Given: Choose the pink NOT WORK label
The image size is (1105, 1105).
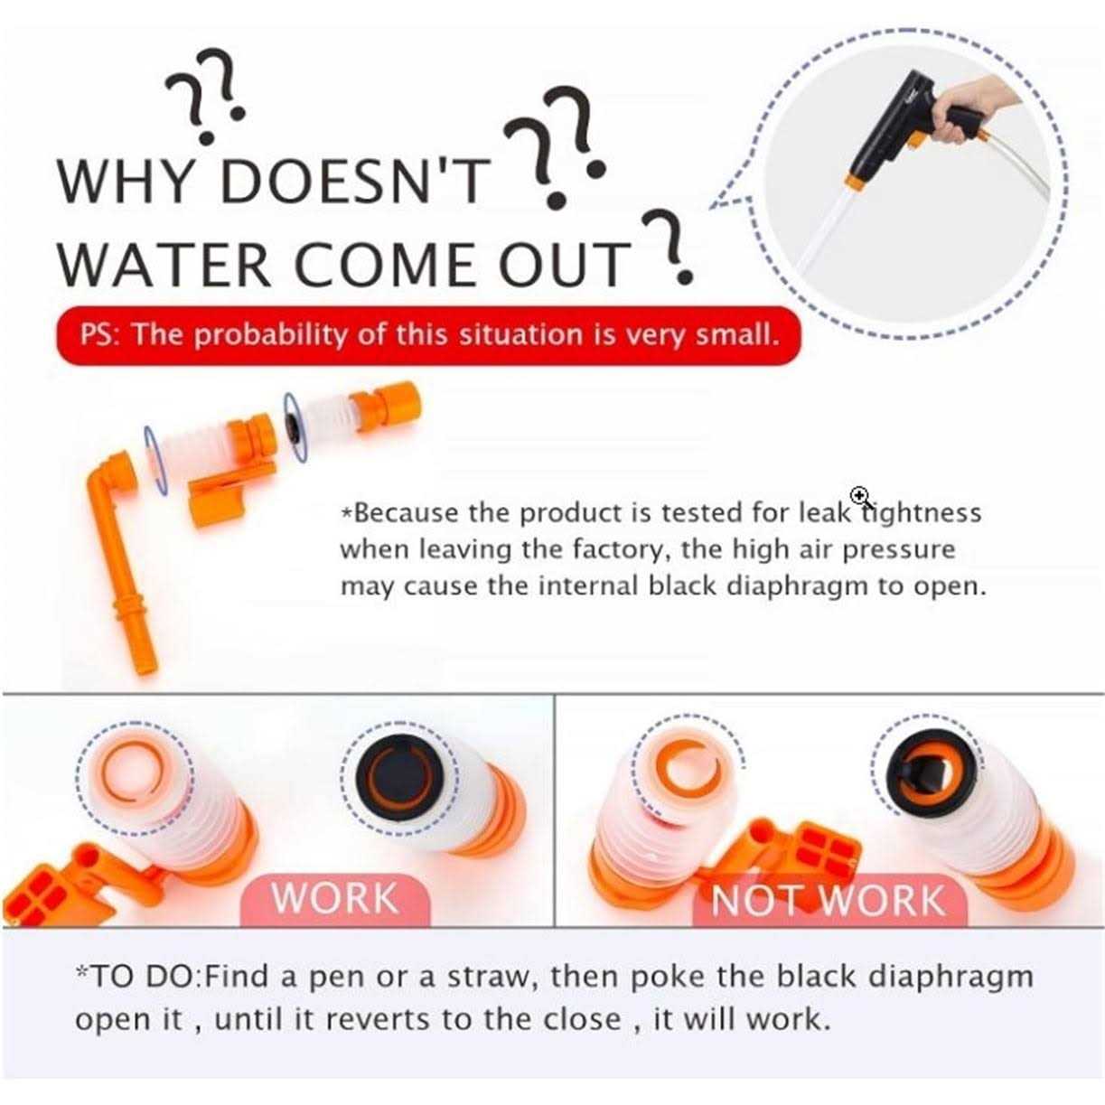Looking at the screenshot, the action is click(x=829, y=900).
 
